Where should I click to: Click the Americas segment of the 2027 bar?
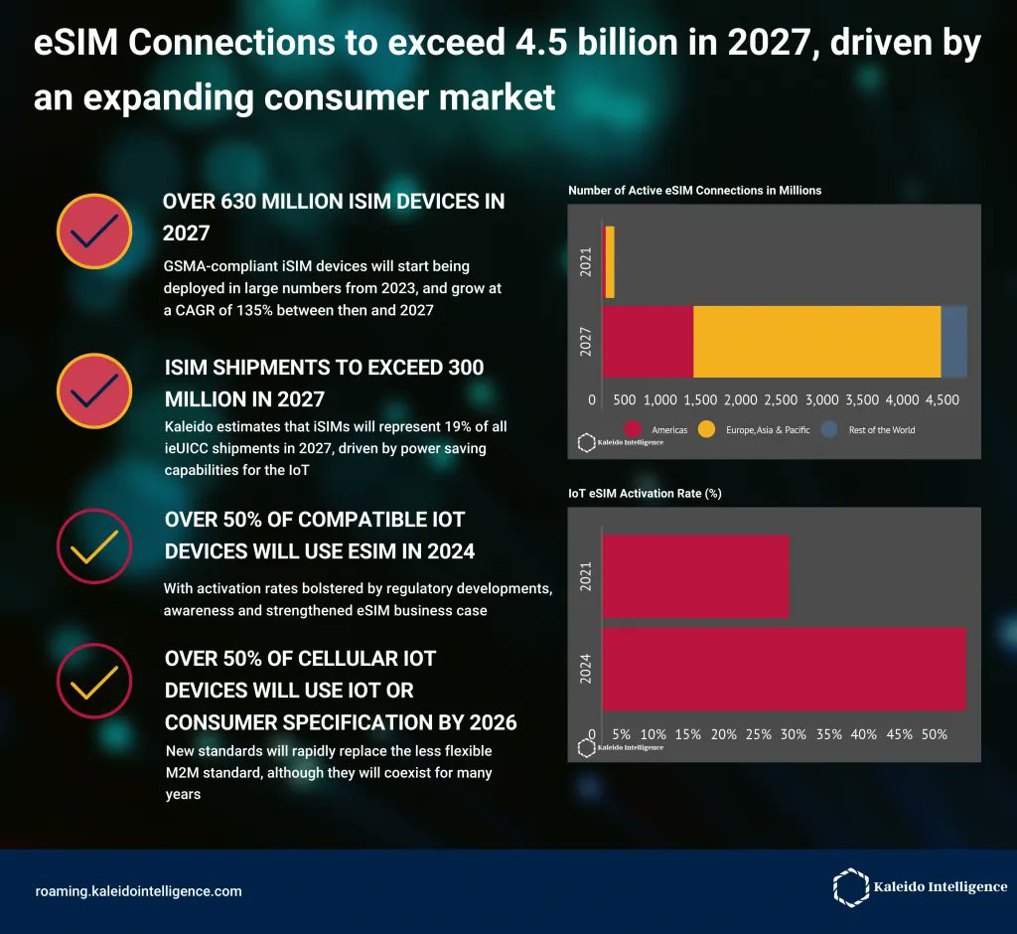tap(648, 342)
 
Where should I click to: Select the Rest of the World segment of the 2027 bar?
tap(954, 342)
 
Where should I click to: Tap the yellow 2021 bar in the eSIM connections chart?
tap(609, 261)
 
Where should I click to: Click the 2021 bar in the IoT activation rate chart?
tap(695, 576)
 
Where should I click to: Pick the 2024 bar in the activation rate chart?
tap(784, 669)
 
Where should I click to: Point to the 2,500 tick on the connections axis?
tap(780, 399)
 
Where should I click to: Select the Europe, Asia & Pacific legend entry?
tap(767, 430)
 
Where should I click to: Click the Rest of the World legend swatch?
tap(831, 430)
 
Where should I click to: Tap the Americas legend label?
tap(669, 430)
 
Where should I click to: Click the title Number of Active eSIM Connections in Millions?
tap(694, 190)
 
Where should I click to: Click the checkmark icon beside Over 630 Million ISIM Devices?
tap(94, 230)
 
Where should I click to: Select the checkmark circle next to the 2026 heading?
tap(94, 681)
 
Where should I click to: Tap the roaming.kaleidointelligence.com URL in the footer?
tap(138, 891)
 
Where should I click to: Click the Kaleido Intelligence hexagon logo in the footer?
tap(850, 886)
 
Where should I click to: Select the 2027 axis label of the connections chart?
tap(585, 342)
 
